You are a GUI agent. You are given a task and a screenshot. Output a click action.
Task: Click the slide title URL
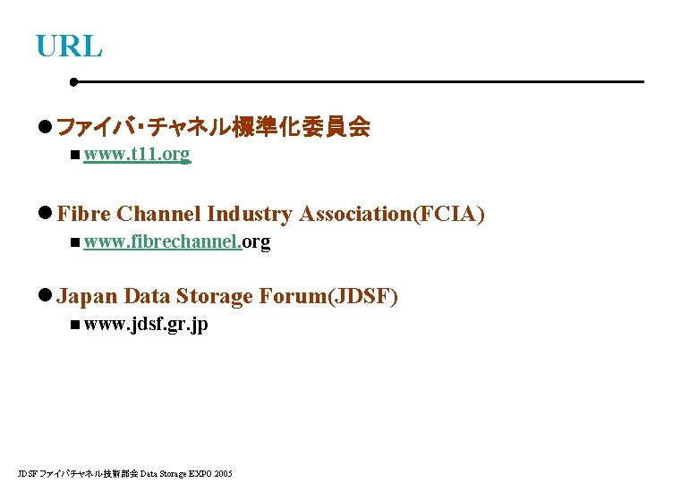pos(69,46)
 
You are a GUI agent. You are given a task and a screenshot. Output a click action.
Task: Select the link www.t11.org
pos(136,155)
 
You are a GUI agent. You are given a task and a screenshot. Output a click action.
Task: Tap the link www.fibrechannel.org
pos(176,241)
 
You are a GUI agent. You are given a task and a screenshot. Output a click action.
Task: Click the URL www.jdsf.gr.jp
pos(146,324)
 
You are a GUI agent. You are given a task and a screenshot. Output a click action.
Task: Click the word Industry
pos(249,214)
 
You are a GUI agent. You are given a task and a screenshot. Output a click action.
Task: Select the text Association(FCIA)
pos(392,214)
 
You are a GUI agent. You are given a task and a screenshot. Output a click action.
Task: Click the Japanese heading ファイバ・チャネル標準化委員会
pos(213,128)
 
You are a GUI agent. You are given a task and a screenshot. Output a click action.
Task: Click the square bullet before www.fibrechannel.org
pos(72,243)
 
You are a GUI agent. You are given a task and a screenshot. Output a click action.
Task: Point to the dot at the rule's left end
pos(74,81)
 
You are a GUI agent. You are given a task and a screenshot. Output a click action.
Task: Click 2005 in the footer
pos(223,472)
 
